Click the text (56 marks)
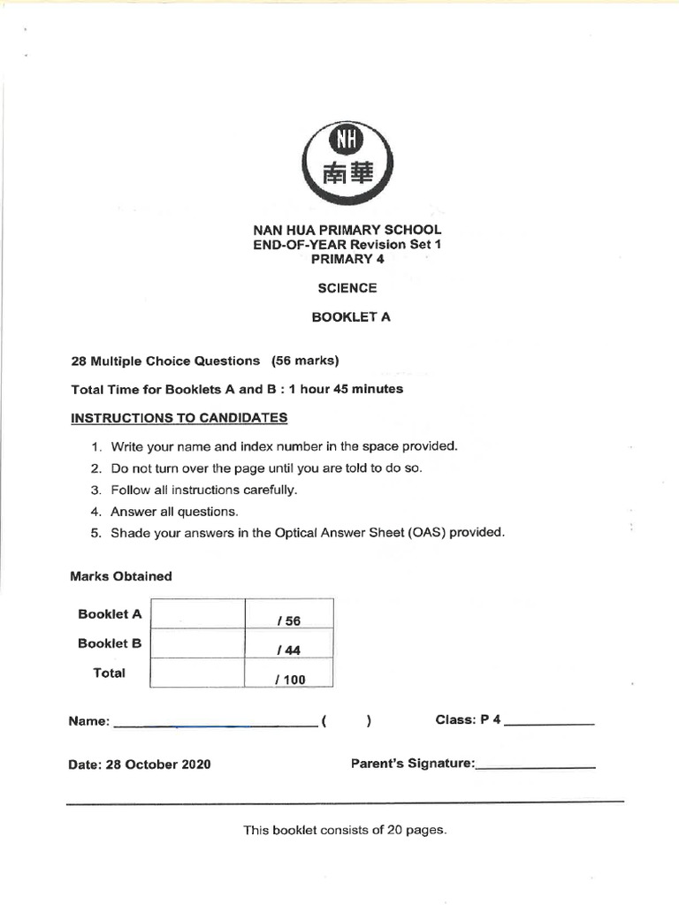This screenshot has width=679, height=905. [x=306, y=361]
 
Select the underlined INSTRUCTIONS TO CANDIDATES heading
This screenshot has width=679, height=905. [x=179, y=418]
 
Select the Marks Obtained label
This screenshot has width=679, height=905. [x=120, y=576]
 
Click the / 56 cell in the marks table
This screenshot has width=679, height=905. [x=287, y=621]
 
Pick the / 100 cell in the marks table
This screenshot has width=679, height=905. [x=289, y=680]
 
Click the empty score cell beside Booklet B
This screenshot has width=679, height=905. [x=196, y=643]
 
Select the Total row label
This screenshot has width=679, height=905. [x=110, y=673]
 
